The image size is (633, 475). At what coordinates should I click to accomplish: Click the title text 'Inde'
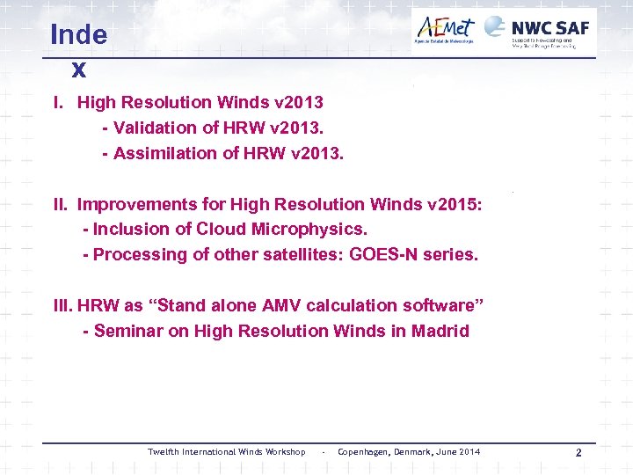coord(78,35)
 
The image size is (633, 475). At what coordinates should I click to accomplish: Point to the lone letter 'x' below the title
coord(78,68)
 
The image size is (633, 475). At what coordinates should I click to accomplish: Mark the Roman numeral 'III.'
coord(63,306)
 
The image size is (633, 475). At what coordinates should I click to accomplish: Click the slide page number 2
coord(578,452)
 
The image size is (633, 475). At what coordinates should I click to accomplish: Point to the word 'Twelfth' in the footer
coord(162,452)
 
